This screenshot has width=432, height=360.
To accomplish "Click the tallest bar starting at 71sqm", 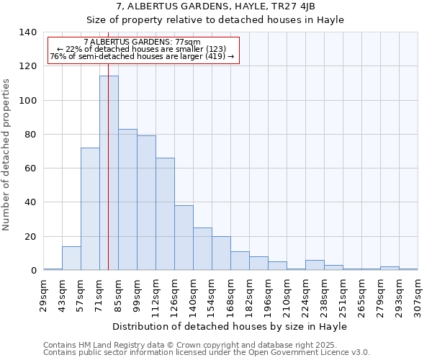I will [x=109, y=173].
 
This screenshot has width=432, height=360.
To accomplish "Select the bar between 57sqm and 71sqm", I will [x=90, y=209].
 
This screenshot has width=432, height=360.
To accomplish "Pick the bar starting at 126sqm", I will [x=184, y=238].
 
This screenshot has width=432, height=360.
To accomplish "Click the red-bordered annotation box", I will [x=143, y=50].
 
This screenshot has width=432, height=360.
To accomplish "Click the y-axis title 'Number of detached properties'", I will [x=7, y=155].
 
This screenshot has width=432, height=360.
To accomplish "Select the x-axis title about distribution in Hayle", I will [x=230, y=326].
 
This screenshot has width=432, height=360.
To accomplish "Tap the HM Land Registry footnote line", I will [x=206, y=345].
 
